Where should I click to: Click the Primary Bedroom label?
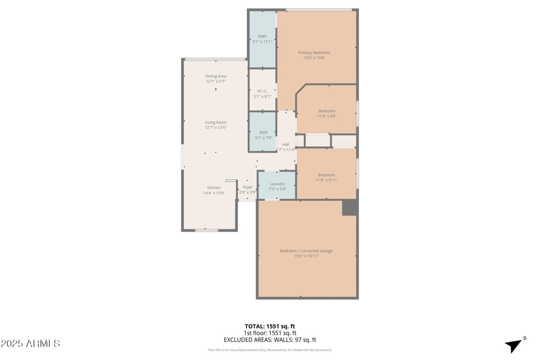point(314,53)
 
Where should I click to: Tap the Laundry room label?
point(277,184)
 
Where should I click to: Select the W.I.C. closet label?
point(262,91)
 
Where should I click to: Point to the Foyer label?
point(247,187)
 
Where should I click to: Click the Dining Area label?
point(216,76)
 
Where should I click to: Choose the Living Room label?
point(216,122)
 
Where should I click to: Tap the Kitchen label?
point(214,188)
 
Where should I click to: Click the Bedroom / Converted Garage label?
point(306,251)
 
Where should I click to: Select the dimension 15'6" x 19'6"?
point(314,58)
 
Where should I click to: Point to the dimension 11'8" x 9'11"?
point(326,180)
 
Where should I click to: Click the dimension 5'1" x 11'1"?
point(262,41)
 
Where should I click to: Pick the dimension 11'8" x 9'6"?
point(327,116)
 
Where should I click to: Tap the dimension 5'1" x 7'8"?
point(263,137)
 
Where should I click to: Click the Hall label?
point(285,144)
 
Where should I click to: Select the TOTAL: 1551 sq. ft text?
point(270,326)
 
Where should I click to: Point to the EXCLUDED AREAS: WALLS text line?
point(270,340)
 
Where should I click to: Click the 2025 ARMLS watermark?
point(30,343)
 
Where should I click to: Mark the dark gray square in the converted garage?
point(349,207)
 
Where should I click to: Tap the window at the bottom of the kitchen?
point(207,230)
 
